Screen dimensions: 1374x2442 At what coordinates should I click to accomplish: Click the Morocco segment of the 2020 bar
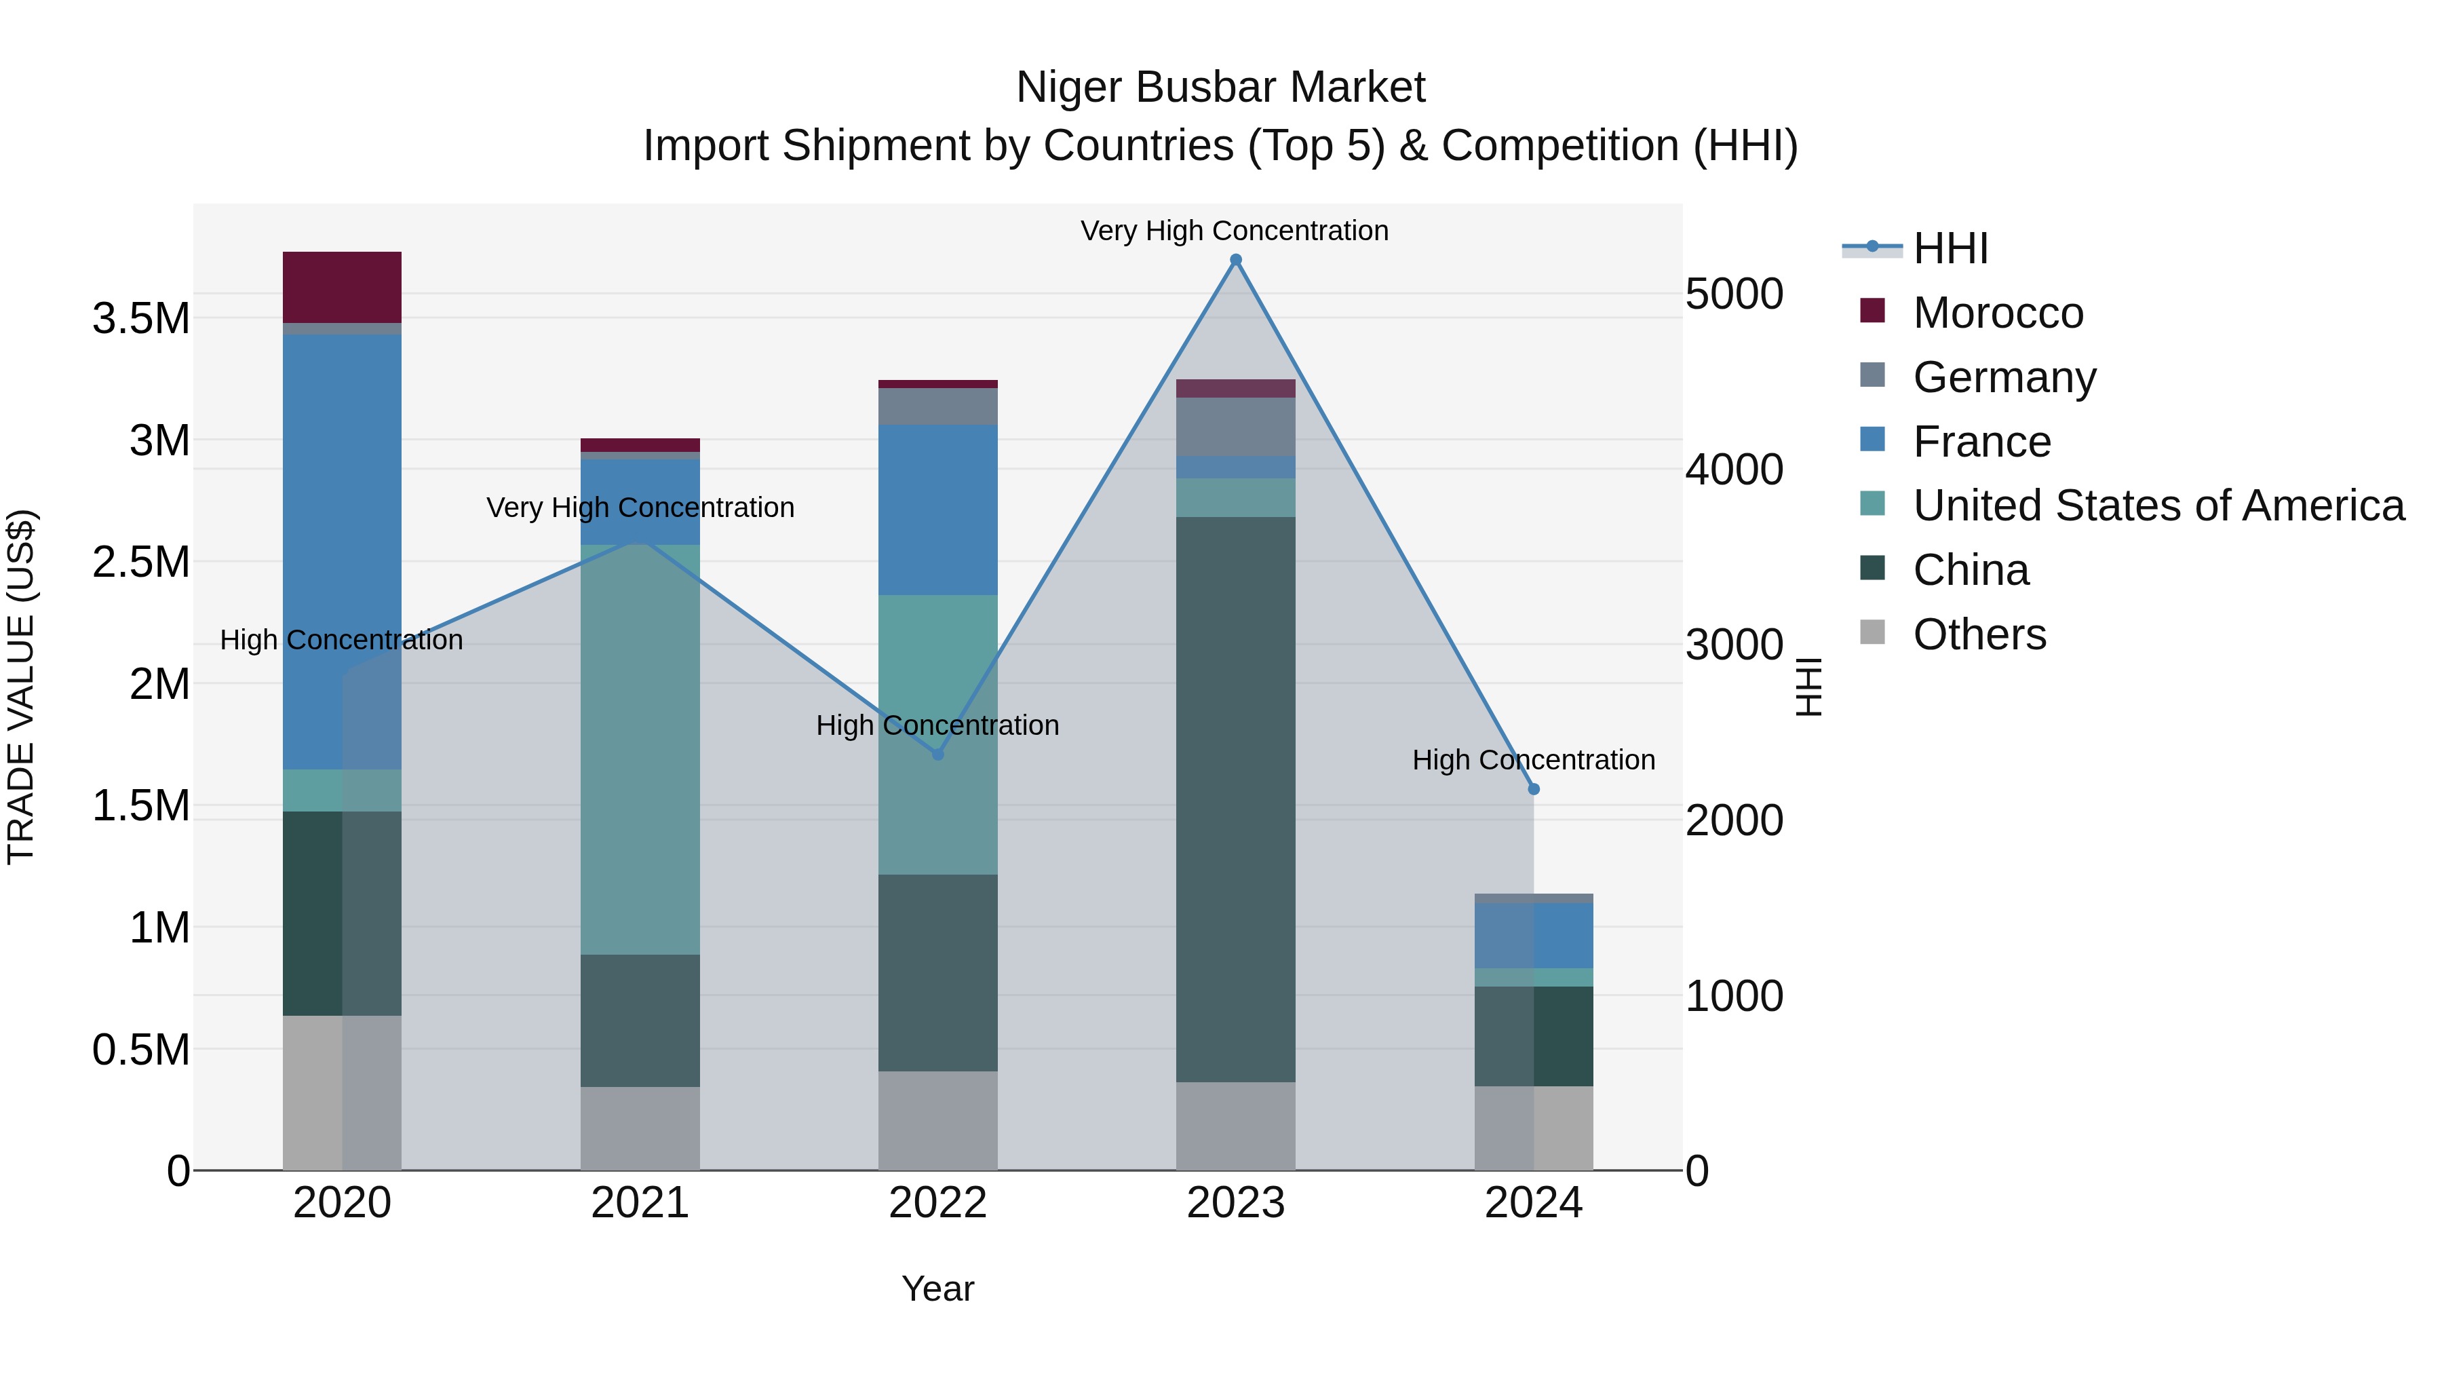[x=343, y=287]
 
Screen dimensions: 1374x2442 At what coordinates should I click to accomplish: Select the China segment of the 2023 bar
[x=1235, y=799]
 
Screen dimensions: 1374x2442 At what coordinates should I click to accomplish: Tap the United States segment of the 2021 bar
[x=640, y=749]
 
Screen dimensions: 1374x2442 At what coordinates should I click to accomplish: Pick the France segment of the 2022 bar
[x=937, y=510]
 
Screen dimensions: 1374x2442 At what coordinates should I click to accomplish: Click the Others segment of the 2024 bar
[x=1533, y=1128]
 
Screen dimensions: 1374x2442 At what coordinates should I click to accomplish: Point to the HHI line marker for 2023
[x=1235, y=260]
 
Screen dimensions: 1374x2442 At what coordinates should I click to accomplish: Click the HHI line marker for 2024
[x=1534, y=789]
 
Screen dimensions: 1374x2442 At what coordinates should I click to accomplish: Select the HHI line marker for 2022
[x=937, y=755]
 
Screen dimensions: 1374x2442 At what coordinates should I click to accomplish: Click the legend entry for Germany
[x=2004, y=377]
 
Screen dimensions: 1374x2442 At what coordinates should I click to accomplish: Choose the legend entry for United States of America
[x=2158, y=505]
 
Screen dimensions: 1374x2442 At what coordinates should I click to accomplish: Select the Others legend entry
[x=1979, y=634]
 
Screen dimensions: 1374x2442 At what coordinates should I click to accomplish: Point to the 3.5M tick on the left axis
[x=141, y=319]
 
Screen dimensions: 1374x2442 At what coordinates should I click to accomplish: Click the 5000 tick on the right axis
[x=1734, y=294]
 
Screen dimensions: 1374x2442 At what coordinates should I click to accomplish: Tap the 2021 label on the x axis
[x=640, y=1203]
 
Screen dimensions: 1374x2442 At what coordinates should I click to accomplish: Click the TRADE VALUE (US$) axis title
[x=22, y=687]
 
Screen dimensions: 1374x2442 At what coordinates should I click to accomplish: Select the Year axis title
[x=937, y=1289]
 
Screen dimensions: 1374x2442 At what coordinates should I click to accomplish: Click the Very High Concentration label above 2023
[x=1235, y=231]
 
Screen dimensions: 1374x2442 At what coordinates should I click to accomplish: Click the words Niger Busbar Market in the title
[x=1220, y=88]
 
